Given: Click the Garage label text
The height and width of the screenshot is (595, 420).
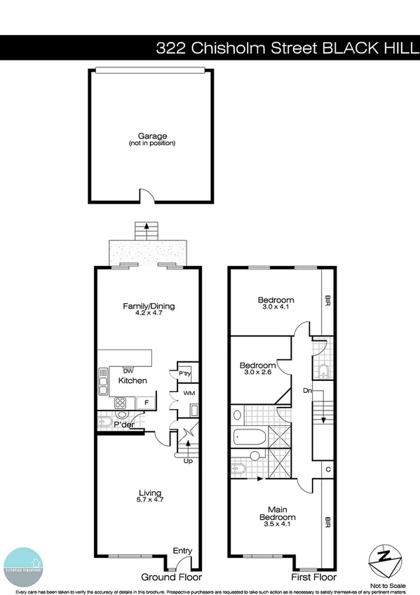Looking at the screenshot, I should click(x=151, y=136).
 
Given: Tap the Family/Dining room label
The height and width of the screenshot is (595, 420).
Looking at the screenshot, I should click(x=149, y=306).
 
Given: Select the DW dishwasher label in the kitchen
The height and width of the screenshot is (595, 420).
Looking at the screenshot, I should click(x=128, y=370).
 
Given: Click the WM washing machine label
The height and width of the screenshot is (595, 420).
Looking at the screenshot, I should click(x=189, y=394).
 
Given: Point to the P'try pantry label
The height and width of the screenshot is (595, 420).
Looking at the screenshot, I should click(x=185, y=374).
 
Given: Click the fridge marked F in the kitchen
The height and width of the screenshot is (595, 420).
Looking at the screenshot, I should click(x=146, y=402).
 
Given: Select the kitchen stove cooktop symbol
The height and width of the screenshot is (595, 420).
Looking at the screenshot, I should click(x=120, y=403).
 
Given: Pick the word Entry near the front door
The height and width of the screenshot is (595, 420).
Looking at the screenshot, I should click(x=182, y=551).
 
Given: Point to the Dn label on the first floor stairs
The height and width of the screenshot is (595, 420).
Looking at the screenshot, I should click(x=306, y=389).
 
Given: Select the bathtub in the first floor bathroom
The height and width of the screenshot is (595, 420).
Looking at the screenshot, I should click(x=250, y=438).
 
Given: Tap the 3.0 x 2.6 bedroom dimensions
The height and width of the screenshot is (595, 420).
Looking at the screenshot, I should click(x=258, y=374).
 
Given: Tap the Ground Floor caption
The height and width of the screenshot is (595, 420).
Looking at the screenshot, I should click(x=172, y=577).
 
